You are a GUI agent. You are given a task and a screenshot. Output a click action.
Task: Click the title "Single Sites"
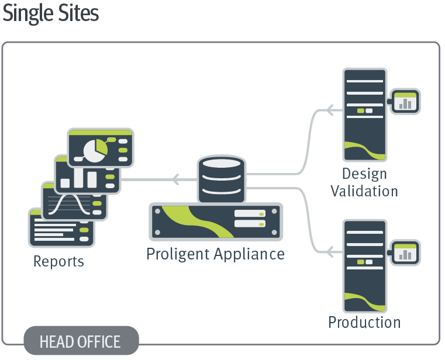[x=51, y=13]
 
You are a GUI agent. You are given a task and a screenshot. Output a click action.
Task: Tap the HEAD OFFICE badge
[x=81, y=341]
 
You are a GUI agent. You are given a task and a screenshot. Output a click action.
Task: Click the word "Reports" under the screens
[x=58, y=261]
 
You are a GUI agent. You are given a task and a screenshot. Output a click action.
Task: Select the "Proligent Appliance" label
[x=215, y=254]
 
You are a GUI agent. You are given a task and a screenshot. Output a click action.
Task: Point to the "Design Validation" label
[x=364, y=182]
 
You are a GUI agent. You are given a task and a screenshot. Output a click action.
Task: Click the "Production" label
[x=364, y=322]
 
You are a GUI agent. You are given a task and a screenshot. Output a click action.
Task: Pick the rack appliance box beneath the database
[x=216, y=221]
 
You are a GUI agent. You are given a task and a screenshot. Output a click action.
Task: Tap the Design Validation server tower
[x=364, y=115]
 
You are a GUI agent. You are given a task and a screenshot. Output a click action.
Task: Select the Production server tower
[x=364, y=266]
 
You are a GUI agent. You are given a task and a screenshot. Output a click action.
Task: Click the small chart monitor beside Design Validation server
[x=405, y=102]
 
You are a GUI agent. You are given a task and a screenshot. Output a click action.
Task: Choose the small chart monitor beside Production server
[x=405, y=252]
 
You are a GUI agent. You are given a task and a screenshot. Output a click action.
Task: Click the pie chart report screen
[x=101, y=148]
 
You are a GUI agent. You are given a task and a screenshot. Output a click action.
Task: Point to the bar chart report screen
[x=87, y=175]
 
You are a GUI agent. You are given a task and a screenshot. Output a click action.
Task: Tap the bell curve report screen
[x=74, y=201]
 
